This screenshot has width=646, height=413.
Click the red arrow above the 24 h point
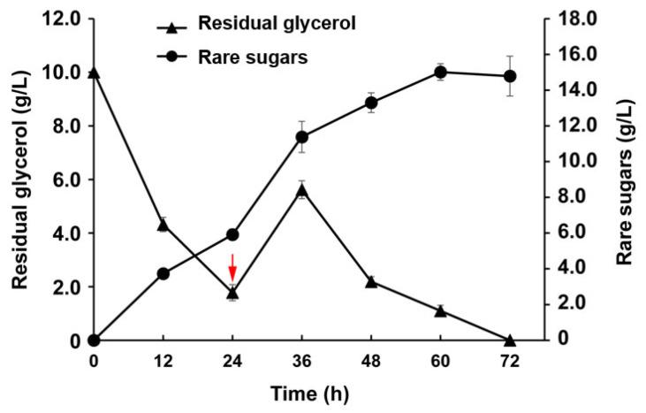(x=232, y=266)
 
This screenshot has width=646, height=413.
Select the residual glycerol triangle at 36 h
(x=301, y=190)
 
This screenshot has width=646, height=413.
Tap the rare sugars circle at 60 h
(x=440, y=73)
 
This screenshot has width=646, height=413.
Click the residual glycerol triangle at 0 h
(x=94, y=73)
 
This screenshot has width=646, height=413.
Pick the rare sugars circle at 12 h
(x=163, y=274)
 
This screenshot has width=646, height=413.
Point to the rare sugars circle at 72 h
(x=509, y=76)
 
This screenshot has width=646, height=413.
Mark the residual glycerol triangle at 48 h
(x=371, y=282)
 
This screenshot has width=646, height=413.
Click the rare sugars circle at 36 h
(x=301, y=137)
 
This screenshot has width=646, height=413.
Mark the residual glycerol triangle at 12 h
(x=163, y=225)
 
